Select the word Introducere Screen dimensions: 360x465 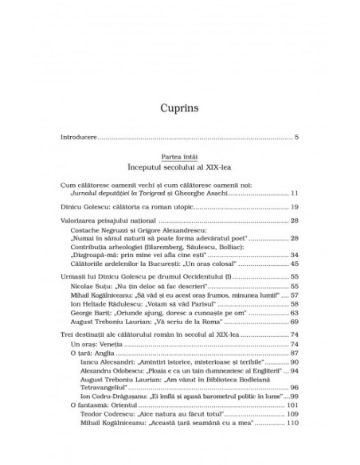[79, 139]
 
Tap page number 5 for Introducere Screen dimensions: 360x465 [295, 139]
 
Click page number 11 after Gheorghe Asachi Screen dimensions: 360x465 [293, 193]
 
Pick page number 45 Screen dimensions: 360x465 [293, 264]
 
